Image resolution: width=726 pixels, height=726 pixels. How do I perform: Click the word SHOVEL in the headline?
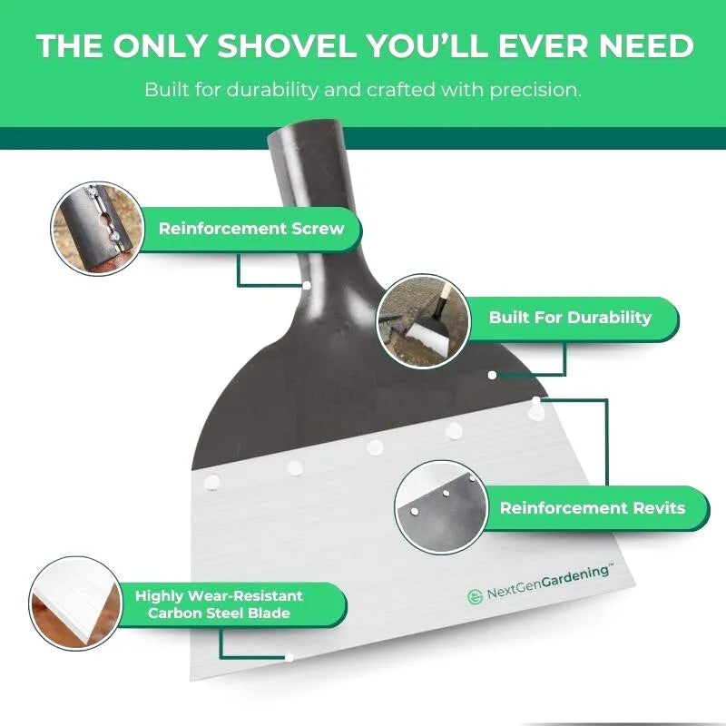coord(287,46)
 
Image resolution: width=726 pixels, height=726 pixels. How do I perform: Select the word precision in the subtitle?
coord(535,90)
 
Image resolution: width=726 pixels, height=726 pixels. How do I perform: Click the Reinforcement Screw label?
coord(251,229)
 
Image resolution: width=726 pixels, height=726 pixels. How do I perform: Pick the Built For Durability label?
coord(571,318)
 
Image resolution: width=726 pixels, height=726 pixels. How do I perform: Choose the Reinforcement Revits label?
coord(593,508)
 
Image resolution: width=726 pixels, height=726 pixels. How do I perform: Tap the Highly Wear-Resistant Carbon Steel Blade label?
coord(219,604)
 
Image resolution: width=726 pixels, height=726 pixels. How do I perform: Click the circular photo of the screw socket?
coord(97,229)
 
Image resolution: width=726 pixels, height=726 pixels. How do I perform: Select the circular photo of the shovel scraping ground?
coord(424,321)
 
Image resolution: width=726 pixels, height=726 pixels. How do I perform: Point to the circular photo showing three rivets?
coord(442,507)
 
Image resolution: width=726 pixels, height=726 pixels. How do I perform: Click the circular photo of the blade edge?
coord(75,603)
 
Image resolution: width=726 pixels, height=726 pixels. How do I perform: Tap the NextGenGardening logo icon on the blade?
coord(475,597)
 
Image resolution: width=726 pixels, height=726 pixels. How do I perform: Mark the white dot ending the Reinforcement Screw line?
coord(307,286)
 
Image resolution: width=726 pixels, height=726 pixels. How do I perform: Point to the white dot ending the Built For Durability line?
coord(492,375)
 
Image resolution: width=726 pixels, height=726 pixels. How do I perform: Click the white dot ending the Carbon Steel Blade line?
coord(289,657)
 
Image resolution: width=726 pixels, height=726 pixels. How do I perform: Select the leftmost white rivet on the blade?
coord(212,483)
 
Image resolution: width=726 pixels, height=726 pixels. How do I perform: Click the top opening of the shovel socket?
coord(307,131)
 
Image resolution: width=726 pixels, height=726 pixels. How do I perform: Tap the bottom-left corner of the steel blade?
coord(191,680)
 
